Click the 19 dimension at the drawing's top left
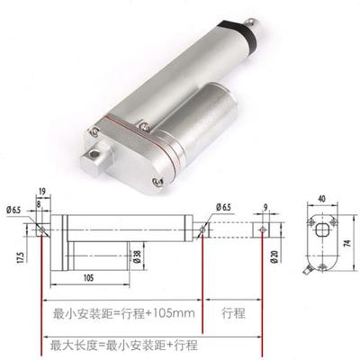pyautogui.click(x=43, y=190)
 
